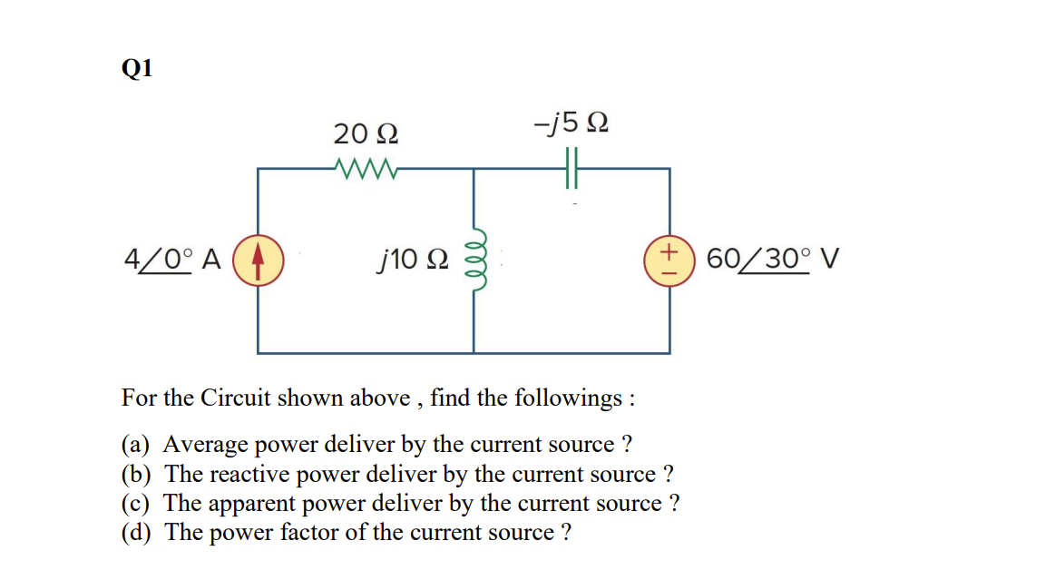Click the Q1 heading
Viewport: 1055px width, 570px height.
point(136,69)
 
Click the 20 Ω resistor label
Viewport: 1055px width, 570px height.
point(366,134)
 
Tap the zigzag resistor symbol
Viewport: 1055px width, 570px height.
point(364,168)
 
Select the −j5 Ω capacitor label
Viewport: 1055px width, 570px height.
point(571,121)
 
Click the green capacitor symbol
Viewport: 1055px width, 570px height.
point(571,169)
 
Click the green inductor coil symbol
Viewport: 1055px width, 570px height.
point(474,259)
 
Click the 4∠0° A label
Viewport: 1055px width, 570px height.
point(172,259)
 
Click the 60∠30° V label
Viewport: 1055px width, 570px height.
point(773,260)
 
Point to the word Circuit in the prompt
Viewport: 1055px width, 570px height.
point(235,398)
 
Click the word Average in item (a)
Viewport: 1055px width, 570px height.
point(204,445)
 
